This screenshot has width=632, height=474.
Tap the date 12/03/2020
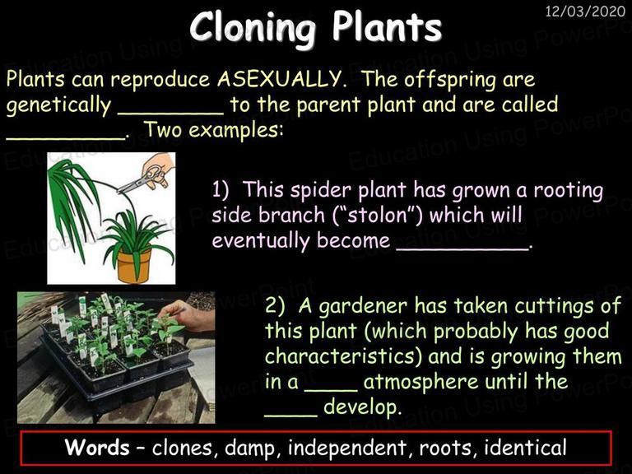click(x=585, y=11)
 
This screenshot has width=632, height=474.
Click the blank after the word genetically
click(x=171, y=113)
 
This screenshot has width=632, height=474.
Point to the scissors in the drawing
click(x=140, y=179)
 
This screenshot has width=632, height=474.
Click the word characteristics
click(x=344, y=356)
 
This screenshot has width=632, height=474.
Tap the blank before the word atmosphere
click(x=331, y=390)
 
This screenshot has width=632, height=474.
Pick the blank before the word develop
click(x=291, y=415)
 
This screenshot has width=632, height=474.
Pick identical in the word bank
click(x=525, y=448)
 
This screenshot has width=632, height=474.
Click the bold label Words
click(x=97, y=448)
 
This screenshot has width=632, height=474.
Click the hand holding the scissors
click(x=158, y=170)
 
